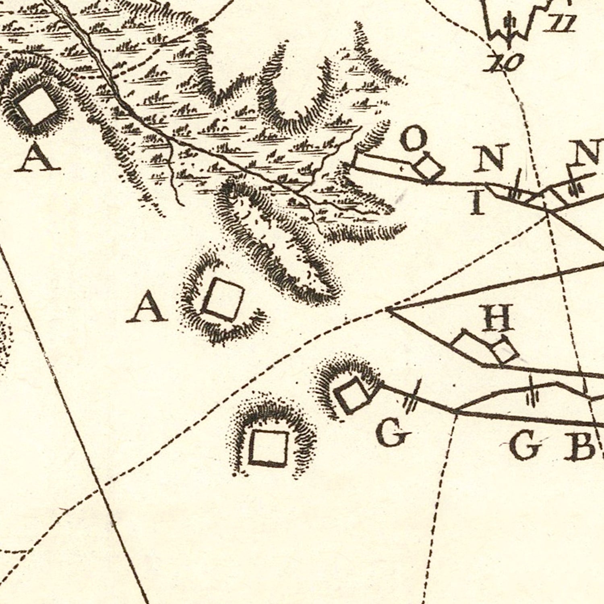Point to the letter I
[x=478, y=203]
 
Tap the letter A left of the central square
[x=147, y=308]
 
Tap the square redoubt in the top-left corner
[x=37, y=106]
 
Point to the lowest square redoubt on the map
[x=268, y=448]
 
